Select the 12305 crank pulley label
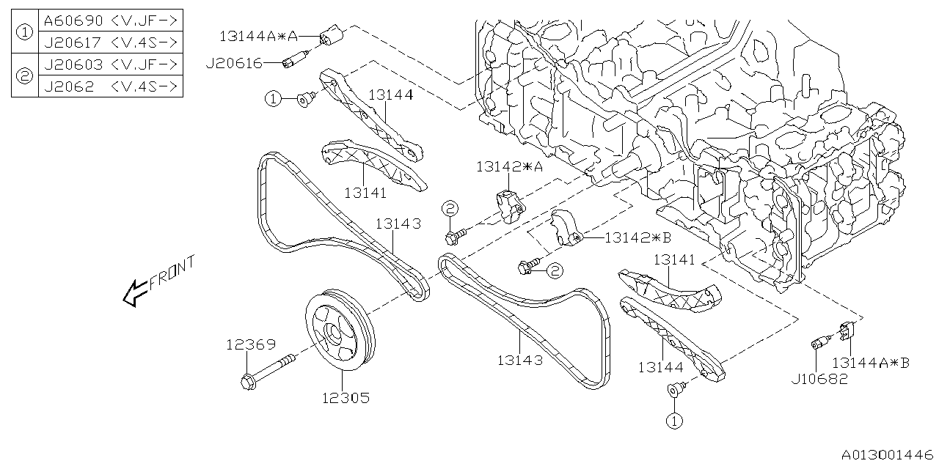point(344,399)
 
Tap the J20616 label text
point(234,64)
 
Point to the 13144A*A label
point(257,35)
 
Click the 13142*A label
point(508,166)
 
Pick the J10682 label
point(819,379)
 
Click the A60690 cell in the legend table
point(109,20)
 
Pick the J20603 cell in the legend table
point(109,64)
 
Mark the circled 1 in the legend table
point(24,32)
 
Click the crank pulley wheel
point(339,329)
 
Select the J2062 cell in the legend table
point(109,86)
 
